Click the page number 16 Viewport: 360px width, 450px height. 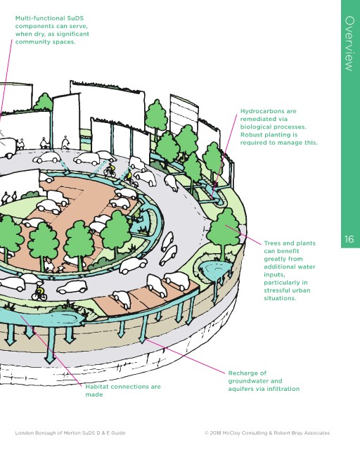pos(349,239)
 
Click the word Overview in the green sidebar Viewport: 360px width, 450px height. pos(349,44)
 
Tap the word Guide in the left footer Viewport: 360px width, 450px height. pos(119,433)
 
